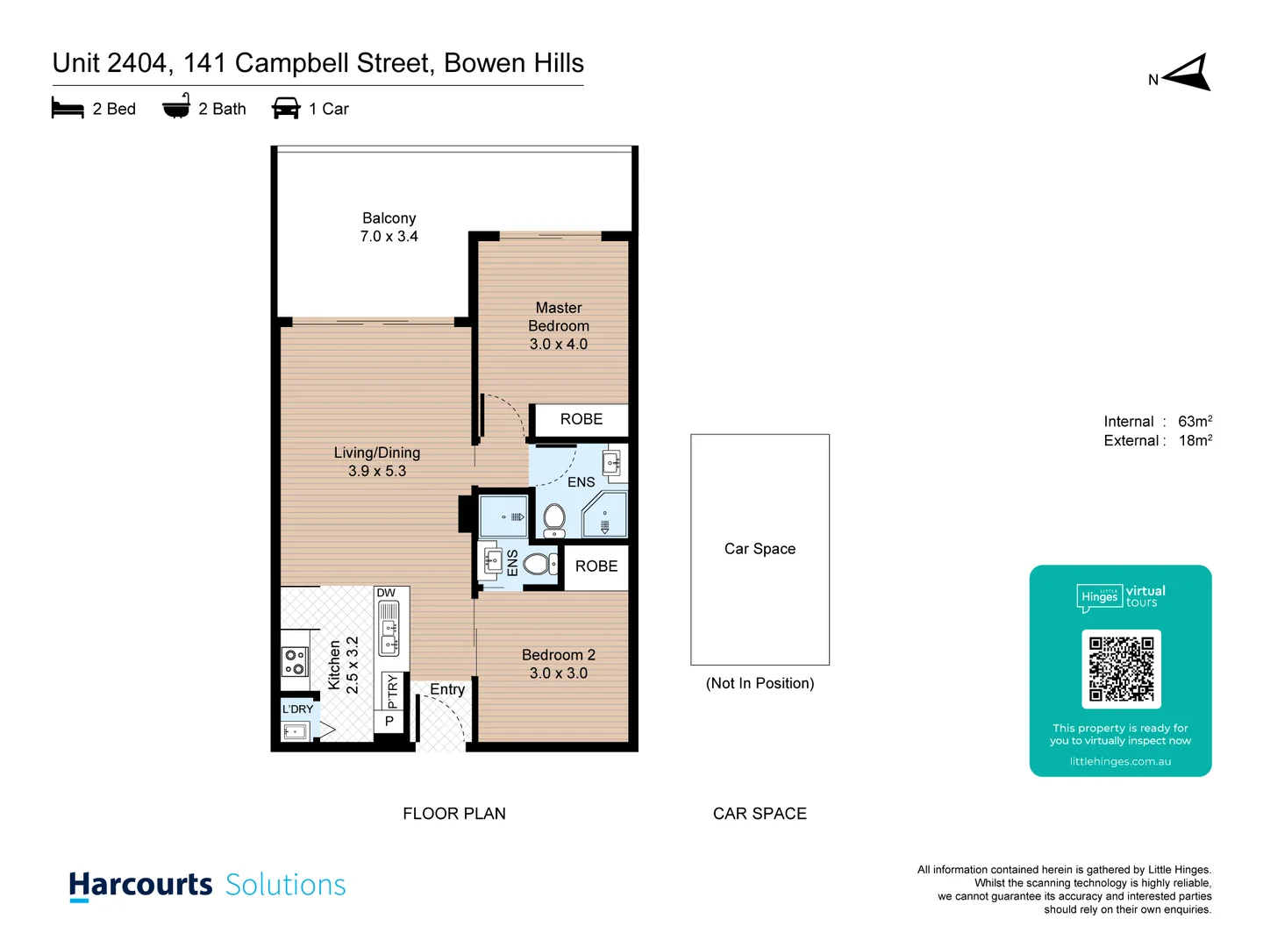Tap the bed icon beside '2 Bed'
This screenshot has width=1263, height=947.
(x=68, y=109)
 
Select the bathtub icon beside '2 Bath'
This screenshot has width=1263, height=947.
(x=176, y=107)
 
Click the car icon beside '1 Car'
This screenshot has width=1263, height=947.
(x=286, y=109)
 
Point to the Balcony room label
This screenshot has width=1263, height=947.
(x=389, y=218)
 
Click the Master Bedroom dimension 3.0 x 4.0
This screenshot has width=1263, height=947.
(x=558, y=345)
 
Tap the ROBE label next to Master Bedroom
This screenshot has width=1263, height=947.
(x=582, y=419)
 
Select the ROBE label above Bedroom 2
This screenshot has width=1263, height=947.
(x=596, y=566)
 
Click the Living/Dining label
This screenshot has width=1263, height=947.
(x=377, y=452)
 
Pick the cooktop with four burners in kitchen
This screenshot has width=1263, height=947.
(x=295, y=661)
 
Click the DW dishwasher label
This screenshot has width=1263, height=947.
(x=386, y=593)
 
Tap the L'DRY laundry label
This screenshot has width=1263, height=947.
(x=297, y=708)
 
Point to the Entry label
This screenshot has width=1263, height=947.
(x=447, y=689)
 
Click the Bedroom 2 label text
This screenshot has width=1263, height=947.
(x=558, y=655)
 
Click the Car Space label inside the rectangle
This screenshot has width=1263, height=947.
(x=760, y=549)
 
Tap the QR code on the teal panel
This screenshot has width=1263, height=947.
(x=1121, y=669)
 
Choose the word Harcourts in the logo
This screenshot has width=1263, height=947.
(x=140, y=885)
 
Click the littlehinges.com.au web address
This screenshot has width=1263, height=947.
(x=1120, y=761)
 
